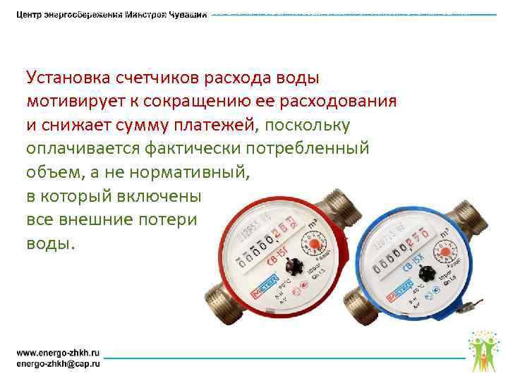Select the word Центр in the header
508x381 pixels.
tap(31, 16)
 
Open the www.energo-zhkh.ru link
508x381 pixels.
tap(59, 351)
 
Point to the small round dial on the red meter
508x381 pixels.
tap(312, 244)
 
